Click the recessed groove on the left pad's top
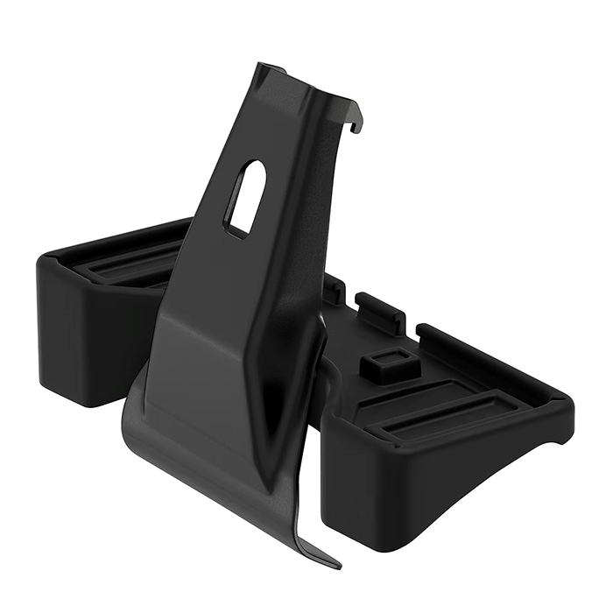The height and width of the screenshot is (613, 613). pyautogui.click(x=131, y=263)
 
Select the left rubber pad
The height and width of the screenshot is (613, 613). pyautogui.click(x=105, y=306)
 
